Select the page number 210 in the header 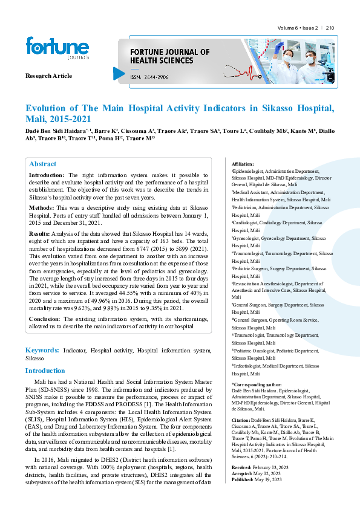pyautogui.click(x=330, y=28)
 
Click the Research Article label pyautogui.click(x=48, y=76)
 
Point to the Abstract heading pyautogui.click(x=43, y=164)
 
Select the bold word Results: pyautogui.click(x=40, y=233)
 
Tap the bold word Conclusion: pyautogui.click(x=45, y=319)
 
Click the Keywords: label pyautogui.click(x=42, y=350)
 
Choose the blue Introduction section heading pyautogui.click(x=45, y=371)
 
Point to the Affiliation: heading pyautogui.click(x=243, y=164)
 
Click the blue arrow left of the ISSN pyautogui.click(x=119, y=73)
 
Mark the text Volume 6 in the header pyautogui.click(x=288, y=28)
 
